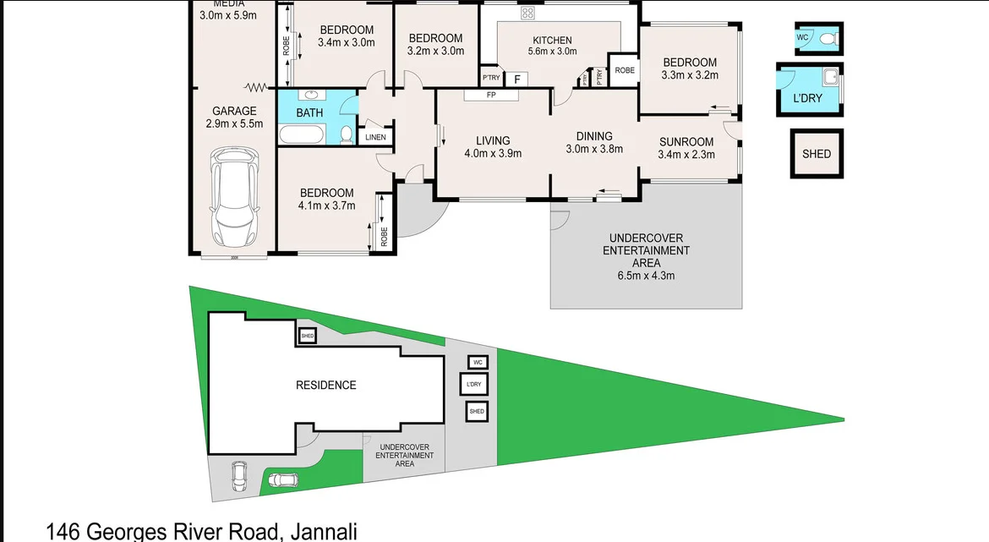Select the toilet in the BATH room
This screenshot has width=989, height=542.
pyautogui.click(x=345, y=134)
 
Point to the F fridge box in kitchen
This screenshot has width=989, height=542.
pyautogui.click(x=516, y=79)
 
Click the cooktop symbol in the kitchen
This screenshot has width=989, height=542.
pyautogui.click(x=528, y=12)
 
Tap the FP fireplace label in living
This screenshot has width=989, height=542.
pyautogui.click(x=490, y=95)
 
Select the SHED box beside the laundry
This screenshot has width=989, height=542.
pyautogui.click(x=817, y=154)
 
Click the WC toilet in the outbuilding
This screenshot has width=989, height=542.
pyautogui.click(x=827, y=39)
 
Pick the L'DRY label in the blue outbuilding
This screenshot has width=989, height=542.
pyautogui.click(x=807, y=98)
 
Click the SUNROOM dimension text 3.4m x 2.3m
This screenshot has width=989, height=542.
pyautogui.click(x=686, y=155)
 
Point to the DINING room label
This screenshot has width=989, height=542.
pyautogui.click(x=593, y=136)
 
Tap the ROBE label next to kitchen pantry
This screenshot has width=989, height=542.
pyautogui.click(x=625, y=71)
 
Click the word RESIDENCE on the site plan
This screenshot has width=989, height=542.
pyautogui.click(x=325, y=385)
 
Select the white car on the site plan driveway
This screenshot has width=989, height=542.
pyautogui.click(x=240, y=476)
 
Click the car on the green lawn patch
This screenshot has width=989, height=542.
pyautogui.click(x=283, y=480)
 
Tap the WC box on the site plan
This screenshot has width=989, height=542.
pyautogui.click(x=477, y=362)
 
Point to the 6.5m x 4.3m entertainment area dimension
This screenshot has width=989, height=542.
pyautogui.click(x=646, y=276)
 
